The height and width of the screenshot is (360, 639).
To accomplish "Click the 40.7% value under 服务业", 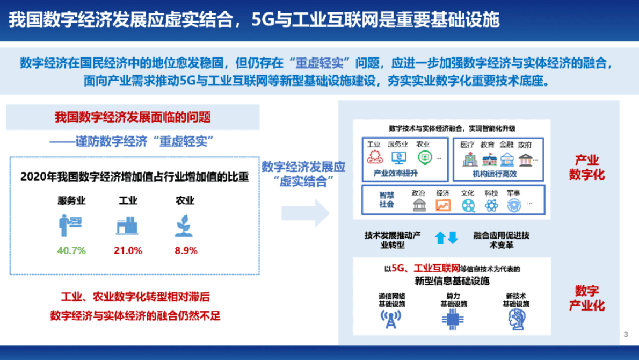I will pyautogui.click(x=71, y=250).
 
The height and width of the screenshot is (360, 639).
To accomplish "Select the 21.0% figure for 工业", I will pyautogui.click(x=128, y=250).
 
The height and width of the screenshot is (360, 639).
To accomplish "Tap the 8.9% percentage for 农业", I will pyautogui.click(x=186, y=250).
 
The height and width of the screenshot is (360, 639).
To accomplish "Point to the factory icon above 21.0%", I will pyautogui.click(x=128, y=226).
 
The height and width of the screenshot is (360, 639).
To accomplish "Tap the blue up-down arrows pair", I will pyautogui.click(x=446, y=237).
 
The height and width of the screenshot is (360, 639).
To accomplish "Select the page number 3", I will pyautogui.click(x=626, y=335).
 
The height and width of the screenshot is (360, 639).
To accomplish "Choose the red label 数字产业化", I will pyautogui.click(x=589, y=298).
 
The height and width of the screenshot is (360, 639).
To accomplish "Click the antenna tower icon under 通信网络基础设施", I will pyautogui.click(x=391, y=320).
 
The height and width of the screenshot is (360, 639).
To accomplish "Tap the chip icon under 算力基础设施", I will pyautogui.click(x=453, y=320).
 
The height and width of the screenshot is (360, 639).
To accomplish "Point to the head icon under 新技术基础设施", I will pyautogui.click(x=516, y=320).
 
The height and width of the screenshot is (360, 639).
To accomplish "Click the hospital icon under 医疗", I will pyautogui.click(x=468, y=159).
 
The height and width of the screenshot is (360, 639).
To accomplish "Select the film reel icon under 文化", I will pyautogui.click(x=468, y=205).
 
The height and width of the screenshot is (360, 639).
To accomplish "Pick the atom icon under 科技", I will pyautogui.click(x=491, y=205).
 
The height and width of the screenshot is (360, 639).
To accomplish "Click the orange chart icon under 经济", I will pyautogui.click(x=443, y=205).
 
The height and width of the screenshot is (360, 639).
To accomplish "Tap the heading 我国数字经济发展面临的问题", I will pyautogui.click(x=133, y=117).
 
